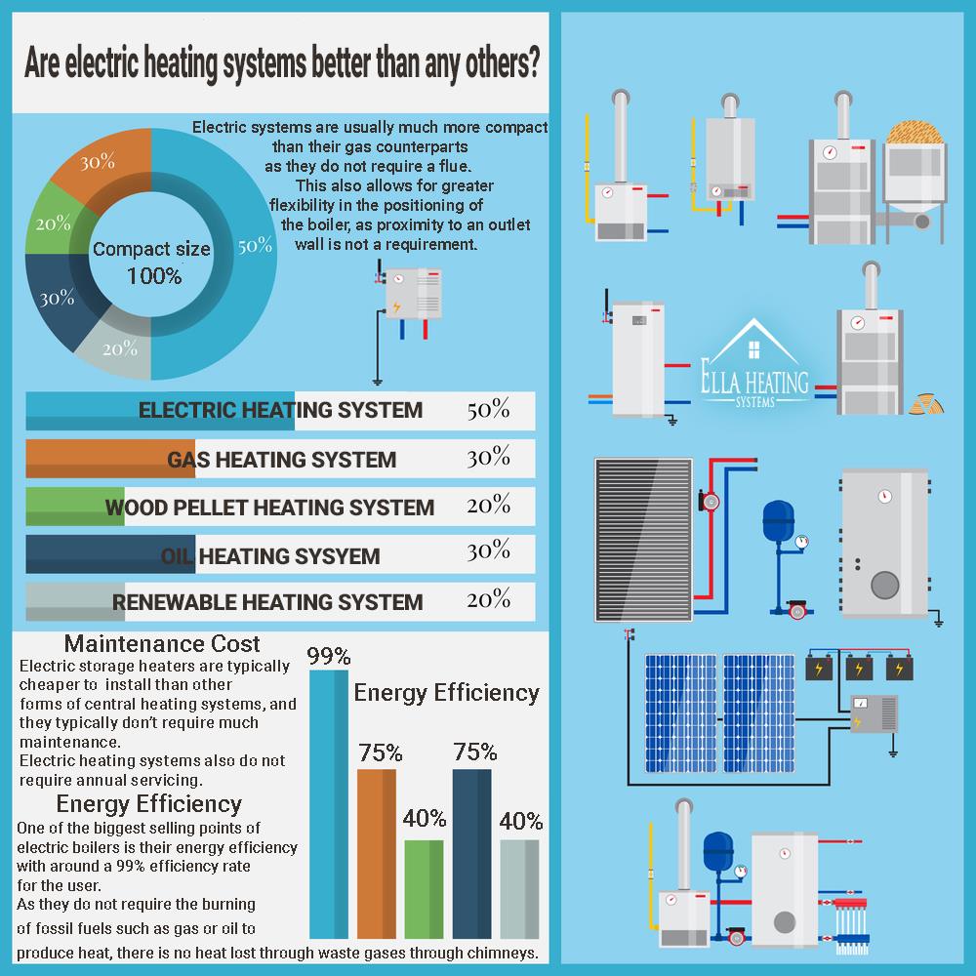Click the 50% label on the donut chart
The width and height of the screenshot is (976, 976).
pos(255,245)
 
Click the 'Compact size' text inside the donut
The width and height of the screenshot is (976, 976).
pos(151,249)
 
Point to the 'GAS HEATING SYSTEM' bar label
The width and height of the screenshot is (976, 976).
pos(281,460)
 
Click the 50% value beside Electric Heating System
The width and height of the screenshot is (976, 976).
pos(489,410)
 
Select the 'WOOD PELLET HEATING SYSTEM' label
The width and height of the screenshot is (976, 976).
pos(269,508)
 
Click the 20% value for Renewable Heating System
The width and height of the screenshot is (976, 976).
pos(489,599)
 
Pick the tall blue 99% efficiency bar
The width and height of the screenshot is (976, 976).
pos(329,803)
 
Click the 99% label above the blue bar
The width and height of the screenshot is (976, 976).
pos(329,656)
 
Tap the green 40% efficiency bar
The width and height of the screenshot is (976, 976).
pos(424,889)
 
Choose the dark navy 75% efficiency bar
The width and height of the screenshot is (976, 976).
pos(471,853)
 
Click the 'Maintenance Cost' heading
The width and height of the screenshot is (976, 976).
pos(162,643)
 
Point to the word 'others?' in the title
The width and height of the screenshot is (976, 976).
pos(503,63)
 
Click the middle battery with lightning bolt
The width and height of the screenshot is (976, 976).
pos(859,668)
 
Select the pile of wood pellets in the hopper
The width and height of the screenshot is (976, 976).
pos(915,133)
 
